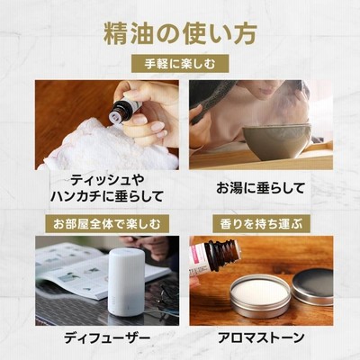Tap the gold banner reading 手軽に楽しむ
click(x=180, y=64)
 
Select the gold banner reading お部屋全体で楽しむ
click(x=107, y=224)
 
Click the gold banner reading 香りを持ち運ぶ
click(x=261, y=224)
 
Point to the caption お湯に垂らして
click(x=261, y=188)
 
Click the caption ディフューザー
click(x=107, y=338)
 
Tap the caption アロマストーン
click(x=261, y=338)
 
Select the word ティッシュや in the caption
click(x=103, y=181)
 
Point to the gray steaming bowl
click(x=276, y=141)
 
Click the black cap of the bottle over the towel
click(x=121, y=112)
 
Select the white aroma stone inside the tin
click(x=260, y=292)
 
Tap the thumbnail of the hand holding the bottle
click(x=140, y=120)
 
